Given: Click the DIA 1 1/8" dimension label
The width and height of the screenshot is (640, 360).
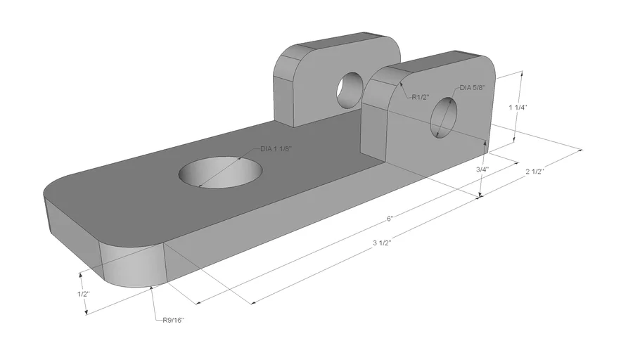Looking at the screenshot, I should point(276,149).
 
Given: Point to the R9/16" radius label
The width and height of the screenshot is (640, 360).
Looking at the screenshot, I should point(173,321).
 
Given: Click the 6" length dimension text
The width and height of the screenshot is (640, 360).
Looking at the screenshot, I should point(390,219).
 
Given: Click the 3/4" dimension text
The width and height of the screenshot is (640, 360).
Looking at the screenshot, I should point(482,169).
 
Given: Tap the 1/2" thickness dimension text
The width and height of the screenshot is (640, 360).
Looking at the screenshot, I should point(83,293).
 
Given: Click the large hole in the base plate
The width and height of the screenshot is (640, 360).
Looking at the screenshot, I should point(222,172).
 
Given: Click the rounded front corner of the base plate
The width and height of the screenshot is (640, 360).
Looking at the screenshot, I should point(134,264).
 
